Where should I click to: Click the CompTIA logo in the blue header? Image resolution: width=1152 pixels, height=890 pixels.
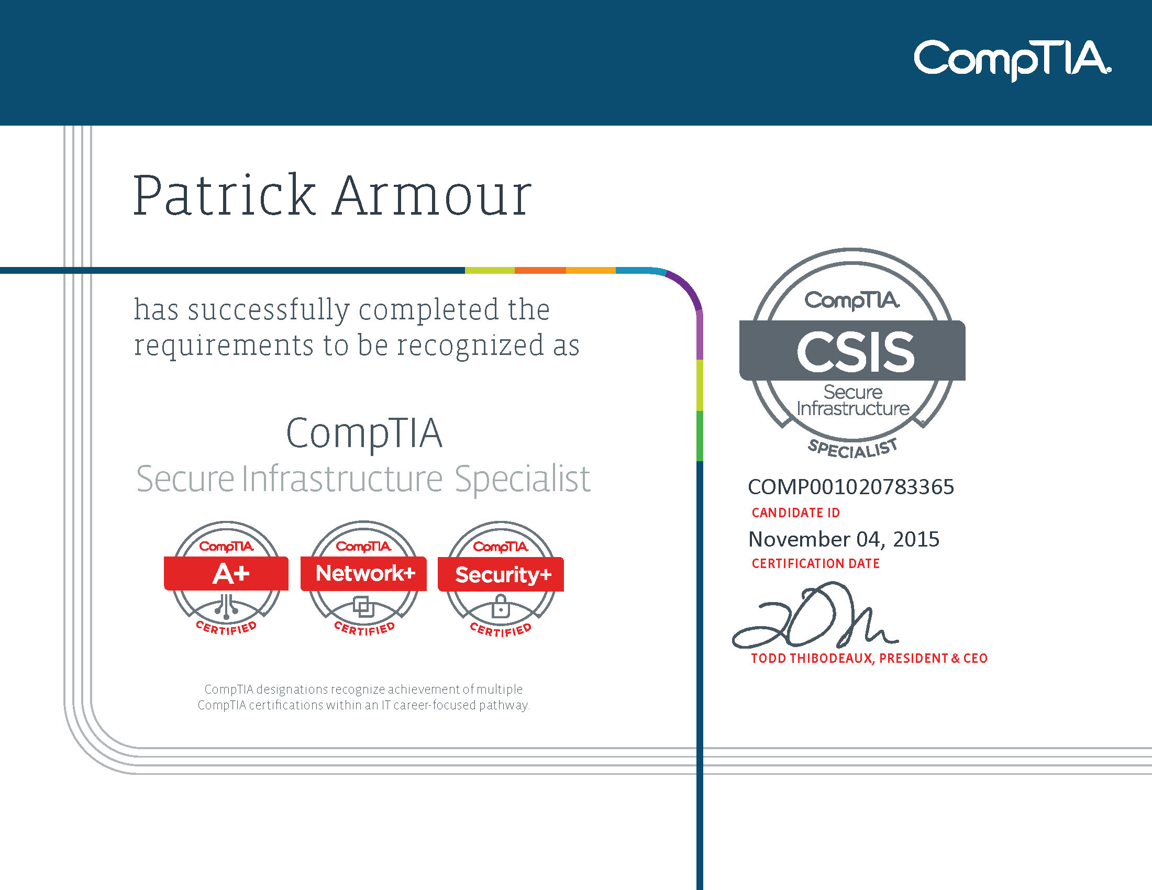point(1012,60)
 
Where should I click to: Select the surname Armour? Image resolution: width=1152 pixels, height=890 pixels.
point(432,196)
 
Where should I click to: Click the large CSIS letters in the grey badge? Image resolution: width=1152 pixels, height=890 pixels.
point(855,352)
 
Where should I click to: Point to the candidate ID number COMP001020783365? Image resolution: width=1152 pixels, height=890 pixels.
point(851,487)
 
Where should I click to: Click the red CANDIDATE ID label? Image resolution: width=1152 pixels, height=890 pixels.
point(795,513)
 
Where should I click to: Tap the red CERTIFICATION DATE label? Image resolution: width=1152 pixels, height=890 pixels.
point(815,564)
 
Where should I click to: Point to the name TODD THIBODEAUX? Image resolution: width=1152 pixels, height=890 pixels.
point(812,659)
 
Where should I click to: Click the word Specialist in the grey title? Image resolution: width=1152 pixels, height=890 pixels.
point(522,479)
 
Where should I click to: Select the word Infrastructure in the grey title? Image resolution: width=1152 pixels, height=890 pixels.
point(342,479)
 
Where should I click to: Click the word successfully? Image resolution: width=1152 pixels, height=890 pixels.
point(269,310)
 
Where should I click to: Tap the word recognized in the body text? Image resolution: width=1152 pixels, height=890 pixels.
point(470,346)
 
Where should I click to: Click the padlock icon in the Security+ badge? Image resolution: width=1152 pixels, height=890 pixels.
point(500,607)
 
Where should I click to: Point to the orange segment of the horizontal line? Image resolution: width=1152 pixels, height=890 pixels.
point(540,271)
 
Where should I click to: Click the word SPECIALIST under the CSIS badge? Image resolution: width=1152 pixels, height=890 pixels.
point(853,449)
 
